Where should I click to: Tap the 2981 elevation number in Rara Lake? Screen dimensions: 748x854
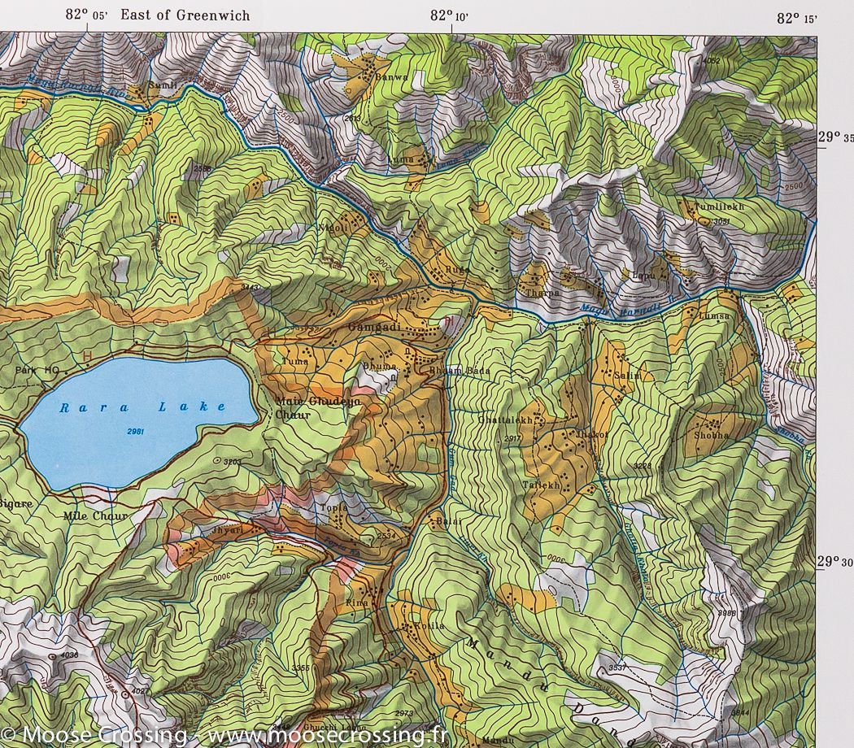point(136,431)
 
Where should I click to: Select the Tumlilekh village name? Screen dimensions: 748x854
point(719,207)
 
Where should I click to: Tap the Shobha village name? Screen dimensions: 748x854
point(712,436)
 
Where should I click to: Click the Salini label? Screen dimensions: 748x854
point(628,376)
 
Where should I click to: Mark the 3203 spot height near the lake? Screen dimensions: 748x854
point(232,462)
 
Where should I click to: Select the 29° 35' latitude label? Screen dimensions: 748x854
point(834,137)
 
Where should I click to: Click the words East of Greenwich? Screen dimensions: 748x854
point(185,15)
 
